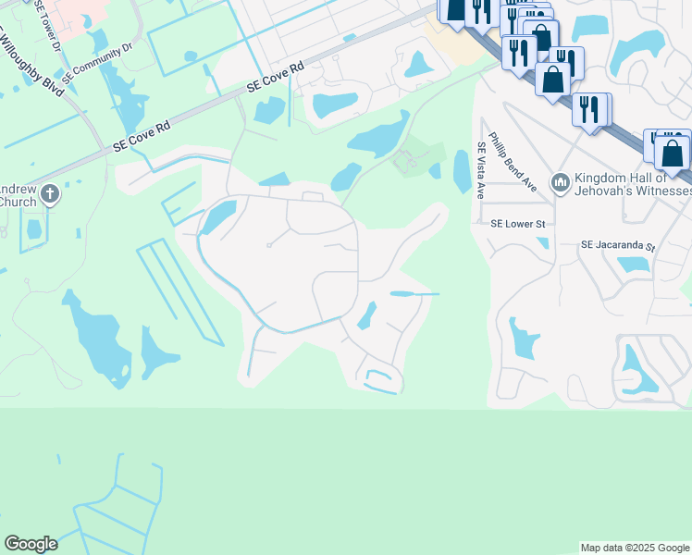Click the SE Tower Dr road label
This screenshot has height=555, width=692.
47,27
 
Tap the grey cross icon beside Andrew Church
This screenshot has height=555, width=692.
50,194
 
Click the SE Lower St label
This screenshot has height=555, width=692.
518,224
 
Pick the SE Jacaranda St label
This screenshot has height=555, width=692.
617,247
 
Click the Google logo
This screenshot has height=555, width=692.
31,544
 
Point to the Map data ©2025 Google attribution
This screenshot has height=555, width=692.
634,548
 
